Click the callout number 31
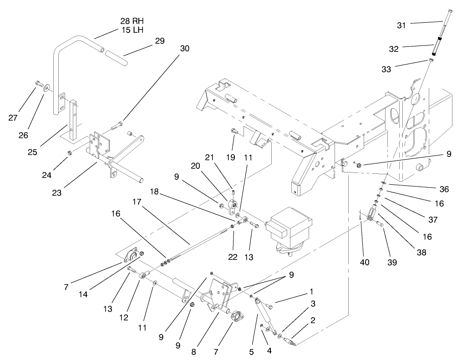(x=401, y=25)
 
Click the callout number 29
(x=159, y=41)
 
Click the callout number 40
(x=365, y=263)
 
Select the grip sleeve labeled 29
(x=116, y=58)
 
